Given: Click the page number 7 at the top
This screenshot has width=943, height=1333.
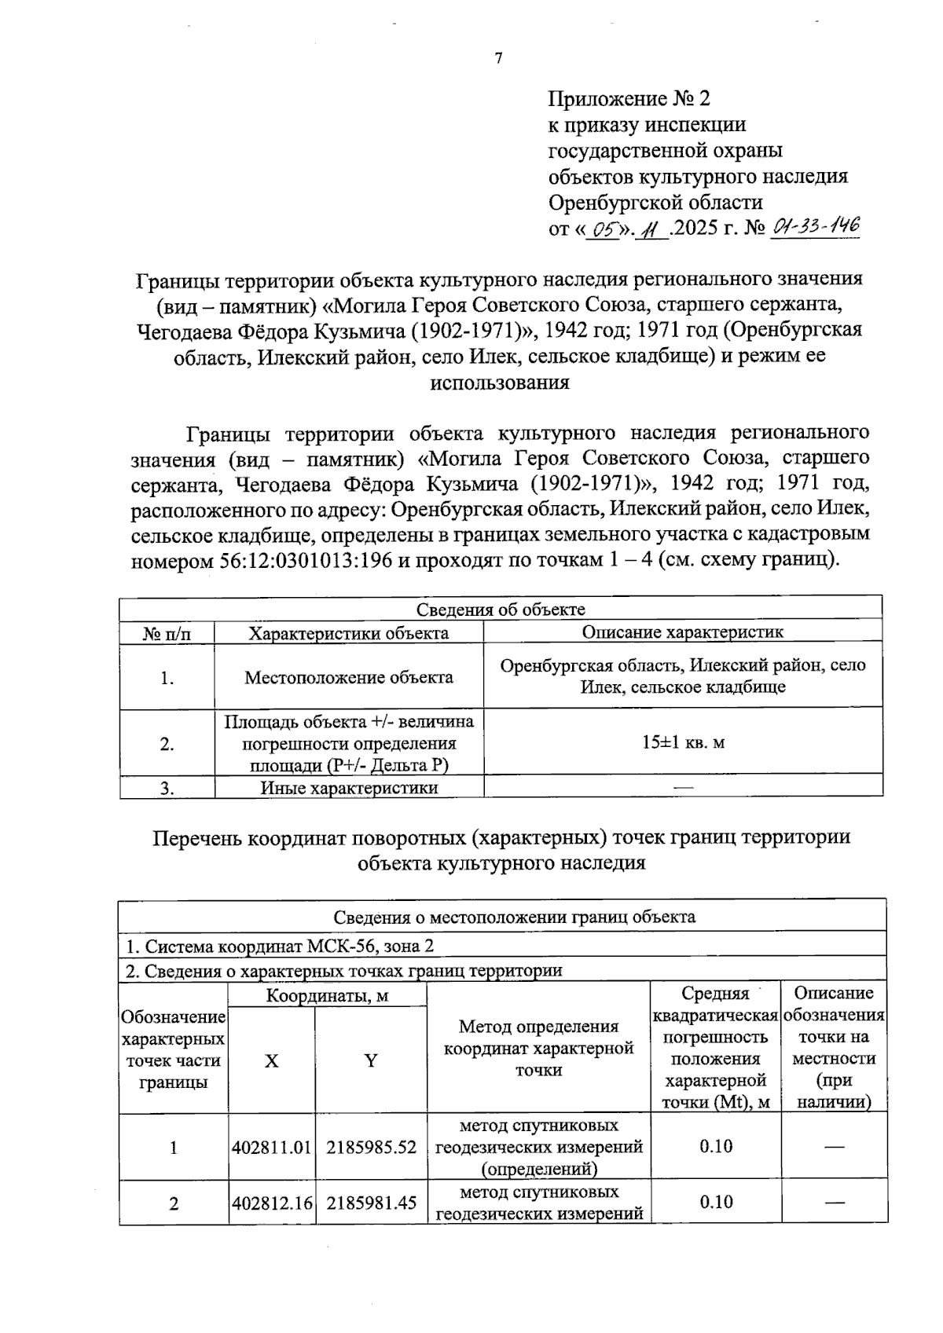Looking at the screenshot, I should [497, 58].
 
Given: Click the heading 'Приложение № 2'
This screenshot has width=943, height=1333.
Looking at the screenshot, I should [629, 98].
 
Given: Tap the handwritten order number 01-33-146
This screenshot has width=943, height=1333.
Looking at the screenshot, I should [816, 228].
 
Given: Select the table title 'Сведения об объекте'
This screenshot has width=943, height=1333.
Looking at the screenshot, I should [501, 610].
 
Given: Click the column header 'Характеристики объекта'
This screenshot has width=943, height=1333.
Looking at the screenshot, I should [348, 632].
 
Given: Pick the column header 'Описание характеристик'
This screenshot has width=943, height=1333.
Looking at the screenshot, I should [682, 632].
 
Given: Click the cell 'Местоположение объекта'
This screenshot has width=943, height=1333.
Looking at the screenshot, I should [348, 677].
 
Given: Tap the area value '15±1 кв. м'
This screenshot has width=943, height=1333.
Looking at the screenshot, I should [682, 742].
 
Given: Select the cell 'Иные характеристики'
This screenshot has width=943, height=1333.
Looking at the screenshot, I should [348, 788].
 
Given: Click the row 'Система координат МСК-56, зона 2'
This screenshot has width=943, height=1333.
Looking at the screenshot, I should [280, 947].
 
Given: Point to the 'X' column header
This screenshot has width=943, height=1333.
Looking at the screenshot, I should [271, 1061].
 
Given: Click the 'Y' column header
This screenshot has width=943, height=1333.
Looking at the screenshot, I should [370, 1061].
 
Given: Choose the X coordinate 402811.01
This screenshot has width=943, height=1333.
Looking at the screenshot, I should [272, 1147].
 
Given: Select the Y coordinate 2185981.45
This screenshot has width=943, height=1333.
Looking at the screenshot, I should [371, 1202].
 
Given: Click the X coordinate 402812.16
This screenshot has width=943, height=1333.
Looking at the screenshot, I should [272, 1202].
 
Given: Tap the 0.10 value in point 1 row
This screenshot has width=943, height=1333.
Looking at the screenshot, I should [715, 1146].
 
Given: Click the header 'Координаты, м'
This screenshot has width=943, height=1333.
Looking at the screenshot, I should [327, 996].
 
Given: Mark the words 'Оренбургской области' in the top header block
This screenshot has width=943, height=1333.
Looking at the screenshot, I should [655, 202].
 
